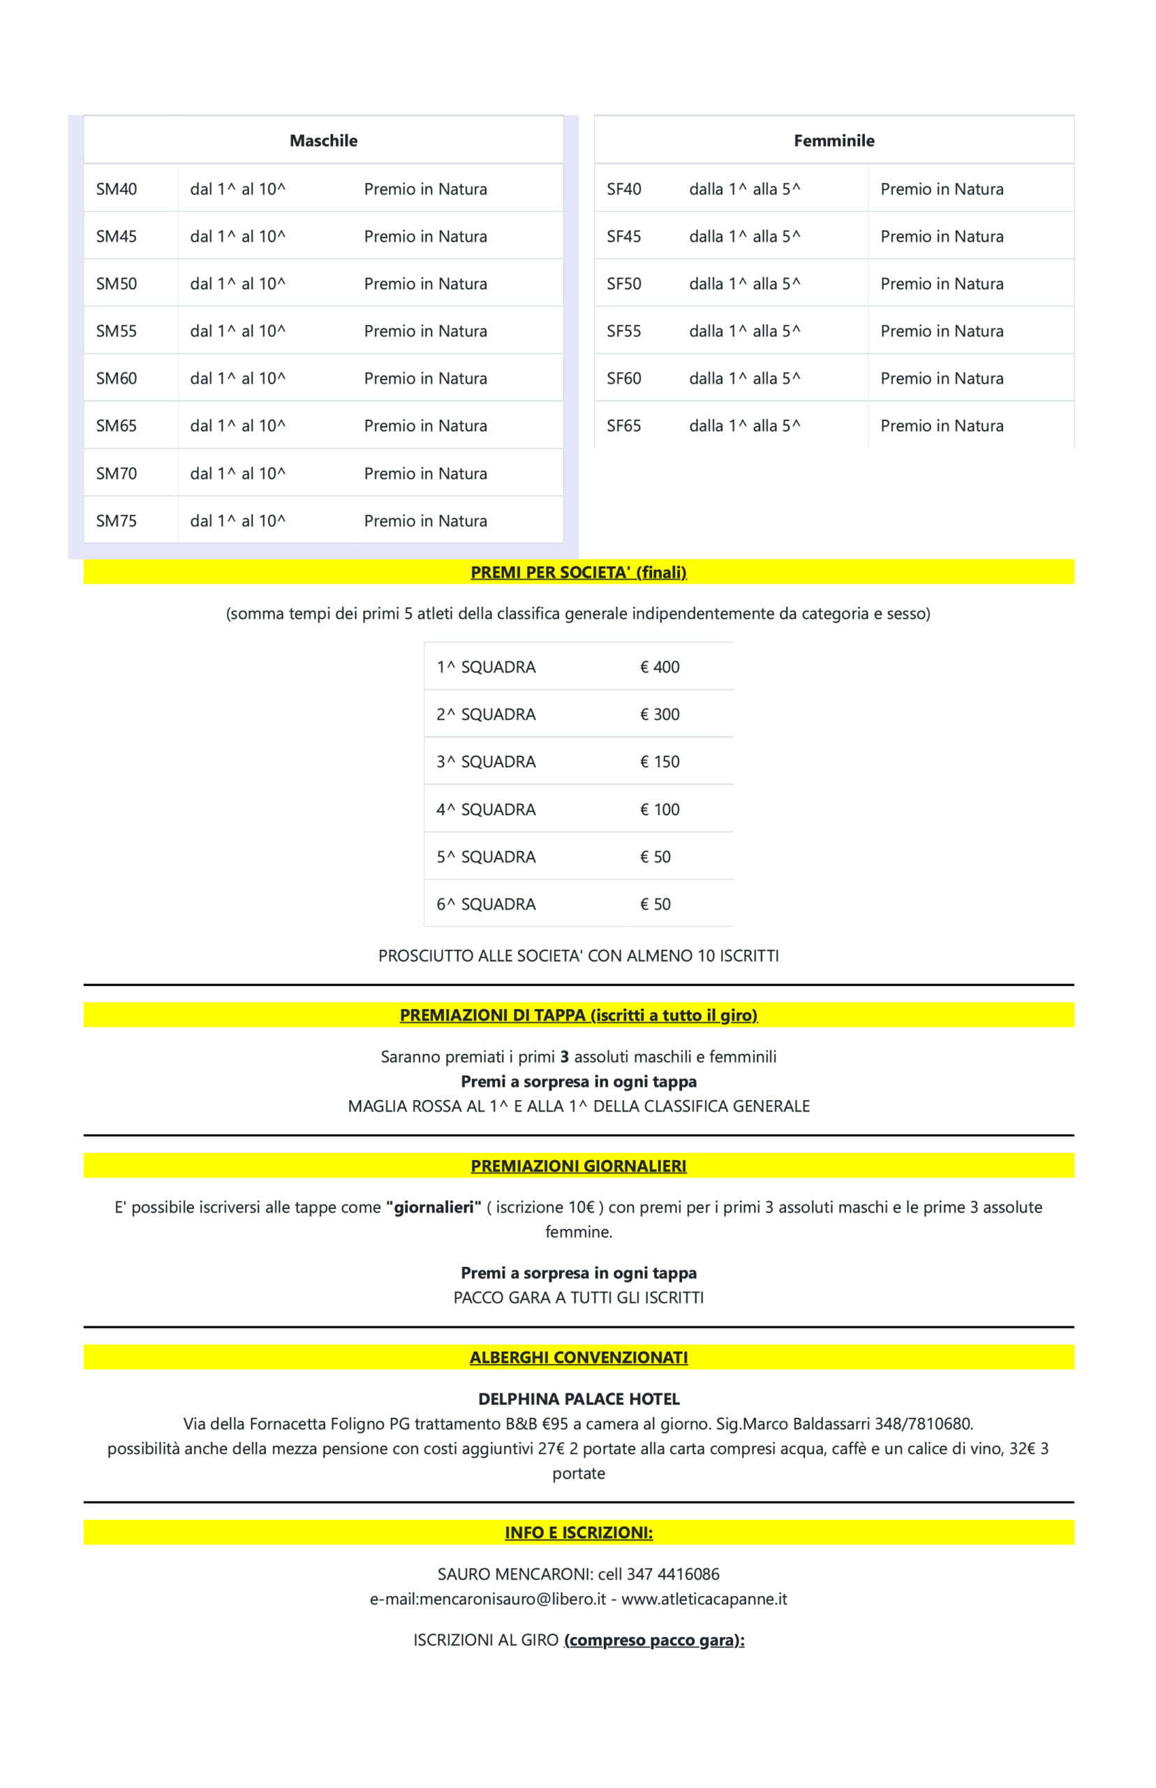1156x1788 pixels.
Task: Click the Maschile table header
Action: coord(323,140)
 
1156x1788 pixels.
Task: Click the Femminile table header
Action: coord(834,140)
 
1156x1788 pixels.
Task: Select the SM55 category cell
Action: coord(117,331)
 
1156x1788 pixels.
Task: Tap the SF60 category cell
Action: coord(624,379)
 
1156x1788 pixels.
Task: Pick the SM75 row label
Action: coord(117,521)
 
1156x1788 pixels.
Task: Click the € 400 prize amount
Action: coord(659,667)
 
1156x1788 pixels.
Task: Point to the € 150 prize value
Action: coord(659,761)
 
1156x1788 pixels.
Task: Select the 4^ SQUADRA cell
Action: coord(486,809)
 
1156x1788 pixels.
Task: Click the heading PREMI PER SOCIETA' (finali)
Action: coord(578,572)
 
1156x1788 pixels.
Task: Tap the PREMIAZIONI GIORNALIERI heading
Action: coord(578,1166)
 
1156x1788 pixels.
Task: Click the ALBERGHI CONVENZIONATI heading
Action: coord(578,1357)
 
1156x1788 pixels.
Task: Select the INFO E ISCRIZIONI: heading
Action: coord(578,1532)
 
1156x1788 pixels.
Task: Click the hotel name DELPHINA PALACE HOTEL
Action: coord(578,1398)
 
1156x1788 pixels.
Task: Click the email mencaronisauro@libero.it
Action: coord(512,1599)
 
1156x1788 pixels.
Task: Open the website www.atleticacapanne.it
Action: coord(704,1599)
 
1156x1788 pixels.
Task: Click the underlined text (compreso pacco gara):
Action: coord(654,1640)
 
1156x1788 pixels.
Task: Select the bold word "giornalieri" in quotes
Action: coord(433,1207)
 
